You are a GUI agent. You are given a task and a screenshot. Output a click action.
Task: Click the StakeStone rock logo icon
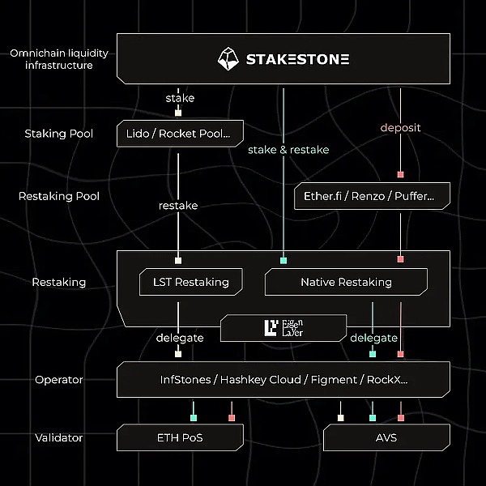tap(230, 58)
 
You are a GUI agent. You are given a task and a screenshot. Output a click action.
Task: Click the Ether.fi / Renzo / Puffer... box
tap(370, 196)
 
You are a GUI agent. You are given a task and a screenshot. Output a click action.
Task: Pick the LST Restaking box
tap(191, 282)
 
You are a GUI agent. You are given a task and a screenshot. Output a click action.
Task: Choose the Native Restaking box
tap(346, 282)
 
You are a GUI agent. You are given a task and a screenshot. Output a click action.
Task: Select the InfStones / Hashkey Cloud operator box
tap(283, 379)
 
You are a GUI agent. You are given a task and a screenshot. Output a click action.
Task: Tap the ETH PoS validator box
tap(180, 438)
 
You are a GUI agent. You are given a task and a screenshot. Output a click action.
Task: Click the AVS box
tap(386, 438)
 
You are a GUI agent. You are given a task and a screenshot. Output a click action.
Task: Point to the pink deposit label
tap(400, 128)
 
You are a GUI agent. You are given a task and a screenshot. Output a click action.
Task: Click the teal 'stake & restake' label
tap(288, 150)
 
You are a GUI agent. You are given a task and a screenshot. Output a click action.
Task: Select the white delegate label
tap(178, 338)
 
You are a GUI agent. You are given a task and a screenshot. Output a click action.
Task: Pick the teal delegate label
tap(373, 338)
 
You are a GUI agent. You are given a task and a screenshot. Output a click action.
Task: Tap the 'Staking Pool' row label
tap(59, 134)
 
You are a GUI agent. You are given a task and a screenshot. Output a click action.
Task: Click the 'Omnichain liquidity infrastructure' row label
tap(59, 59)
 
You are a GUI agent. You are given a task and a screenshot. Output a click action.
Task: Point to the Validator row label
tap(59, 438)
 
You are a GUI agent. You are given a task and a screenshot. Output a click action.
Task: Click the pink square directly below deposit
tap(400, 174)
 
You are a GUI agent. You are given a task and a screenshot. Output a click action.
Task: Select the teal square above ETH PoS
tap(194, 417)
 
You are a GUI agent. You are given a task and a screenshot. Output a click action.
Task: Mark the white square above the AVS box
tap(341, 417)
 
